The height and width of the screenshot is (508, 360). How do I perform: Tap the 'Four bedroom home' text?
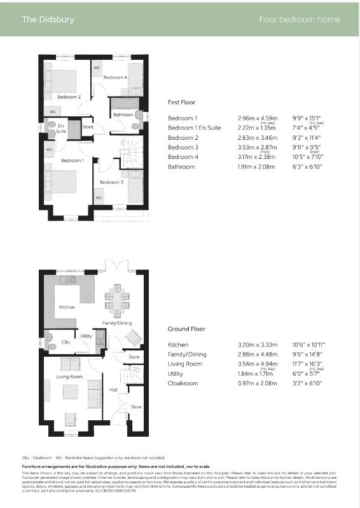click(x=300, y=19)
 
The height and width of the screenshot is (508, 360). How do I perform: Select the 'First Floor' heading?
click(x=181, y=102)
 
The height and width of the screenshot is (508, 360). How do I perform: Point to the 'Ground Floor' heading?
click(x=186, y=329)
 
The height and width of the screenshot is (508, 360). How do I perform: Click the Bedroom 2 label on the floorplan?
click(x=69, y=97)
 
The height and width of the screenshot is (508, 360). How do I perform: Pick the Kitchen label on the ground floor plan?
click(x=67, y=307)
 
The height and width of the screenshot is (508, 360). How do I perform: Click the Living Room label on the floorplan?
click(x=70, y=376)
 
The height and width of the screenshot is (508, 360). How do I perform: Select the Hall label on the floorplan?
click(x=113, y=389)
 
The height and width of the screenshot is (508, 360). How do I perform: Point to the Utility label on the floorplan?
click(x=86, y=336)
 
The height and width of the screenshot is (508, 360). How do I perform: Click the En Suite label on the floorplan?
click(x=61, y=128)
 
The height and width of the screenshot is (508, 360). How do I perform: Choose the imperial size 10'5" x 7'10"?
click(x=307, y=156)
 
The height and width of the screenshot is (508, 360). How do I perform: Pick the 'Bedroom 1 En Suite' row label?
click(x=194, y=128)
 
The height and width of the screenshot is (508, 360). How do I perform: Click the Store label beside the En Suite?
click(x=88, y=127)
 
